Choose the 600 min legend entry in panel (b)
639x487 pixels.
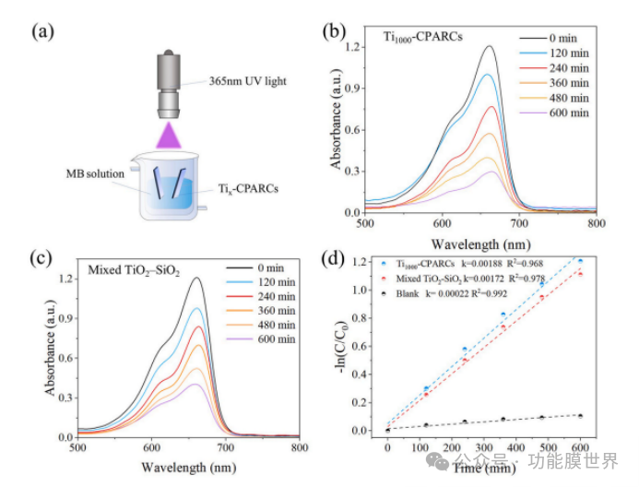coord(567,113)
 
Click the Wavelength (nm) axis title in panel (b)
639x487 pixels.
coord(481,242)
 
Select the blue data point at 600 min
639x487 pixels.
coord(580,261)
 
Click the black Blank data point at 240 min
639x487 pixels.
coord(465,422)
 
